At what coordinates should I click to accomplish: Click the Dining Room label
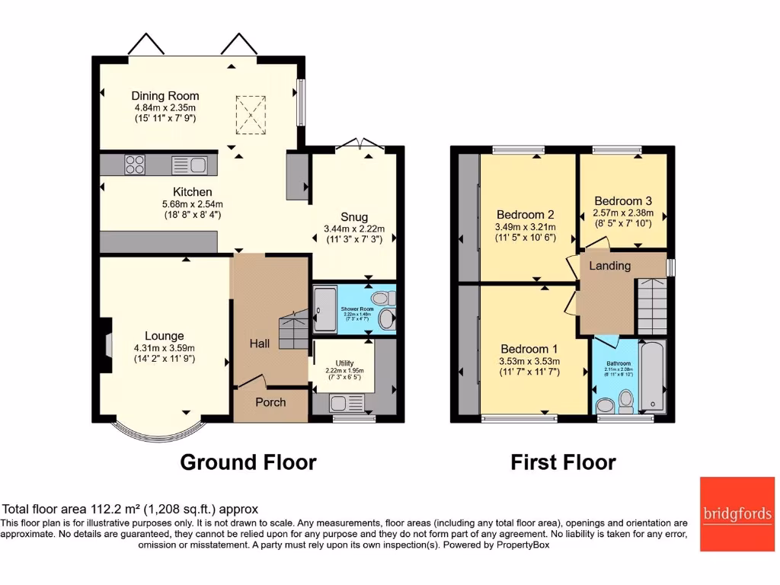click(165, 96)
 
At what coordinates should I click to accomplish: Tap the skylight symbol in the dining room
click(250, 113)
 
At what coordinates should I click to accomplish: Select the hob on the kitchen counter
click(135, 165)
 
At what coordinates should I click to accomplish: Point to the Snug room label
click(354, 217)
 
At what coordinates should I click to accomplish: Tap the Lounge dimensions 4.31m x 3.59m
click(165, 348)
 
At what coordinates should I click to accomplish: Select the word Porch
click(270, 402)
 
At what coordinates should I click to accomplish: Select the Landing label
click(610, 266)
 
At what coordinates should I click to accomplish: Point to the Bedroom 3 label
click(623, 202)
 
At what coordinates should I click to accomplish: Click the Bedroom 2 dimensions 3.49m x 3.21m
click(526, 227)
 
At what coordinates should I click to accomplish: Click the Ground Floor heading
click(248, 462)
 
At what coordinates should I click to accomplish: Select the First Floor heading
click(563, 462)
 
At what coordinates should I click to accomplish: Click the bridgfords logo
click(736, 514)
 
